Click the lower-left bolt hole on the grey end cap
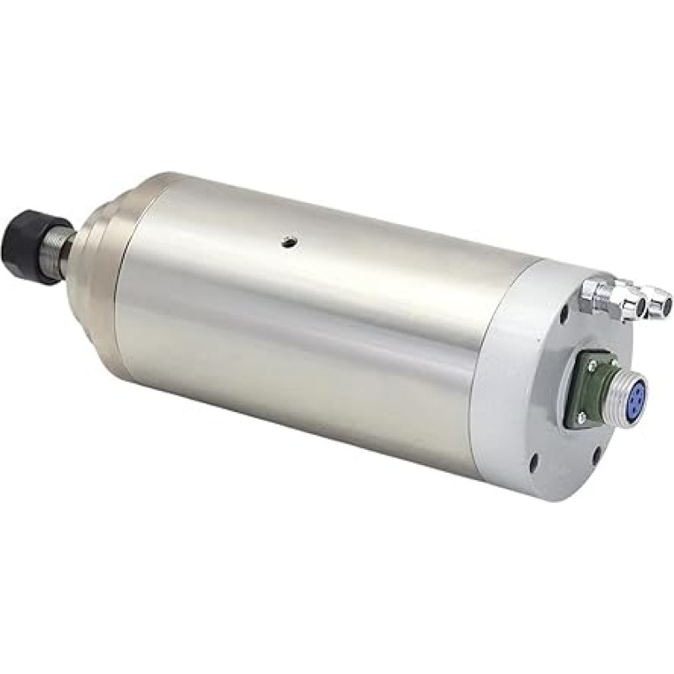click(533, 462)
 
